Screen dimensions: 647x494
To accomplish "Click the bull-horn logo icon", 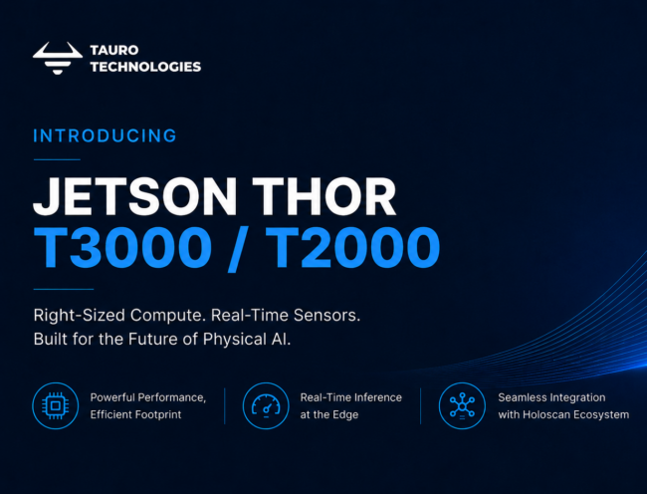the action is click(x=58, y=58).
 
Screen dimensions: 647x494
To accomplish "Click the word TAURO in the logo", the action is click(x=114, y=51).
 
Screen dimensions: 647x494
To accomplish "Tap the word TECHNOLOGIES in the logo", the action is click(x=145, y=67).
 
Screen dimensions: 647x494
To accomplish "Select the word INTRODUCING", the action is click(x=105, y=135).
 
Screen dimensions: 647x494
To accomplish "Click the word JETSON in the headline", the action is click(x=135, y=196).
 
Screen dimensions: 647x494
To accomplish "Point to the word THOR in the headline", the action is click(x=324, y=196).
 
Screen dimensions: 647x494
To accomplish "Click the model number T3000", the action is click(x=122, y=248).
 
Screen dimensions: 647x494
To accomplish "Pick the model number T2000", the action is click(x=353, y=248).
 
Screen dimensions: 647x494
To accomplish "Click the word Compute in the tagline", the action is click(x=168, y=316).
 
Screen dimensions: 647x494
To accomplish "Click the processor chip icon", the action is click(x=56, y=405).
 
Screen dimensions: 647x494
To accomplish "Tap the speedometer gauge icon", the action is click(x=266, y=405).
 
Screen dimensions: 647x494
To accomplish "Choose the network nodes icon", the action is click(x=462, y=405).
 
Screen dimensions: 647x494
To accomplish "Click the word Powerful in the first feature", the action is click(x=112, y=397).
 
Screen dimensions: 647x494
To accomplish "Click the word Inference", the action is click(x=376, y=397).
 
